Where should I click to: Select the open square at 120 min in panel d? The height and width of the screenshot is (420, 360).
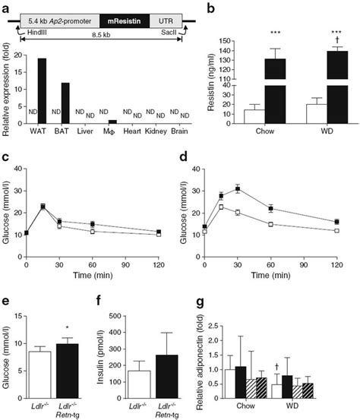pyautogui.click(x=337, y=230)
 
